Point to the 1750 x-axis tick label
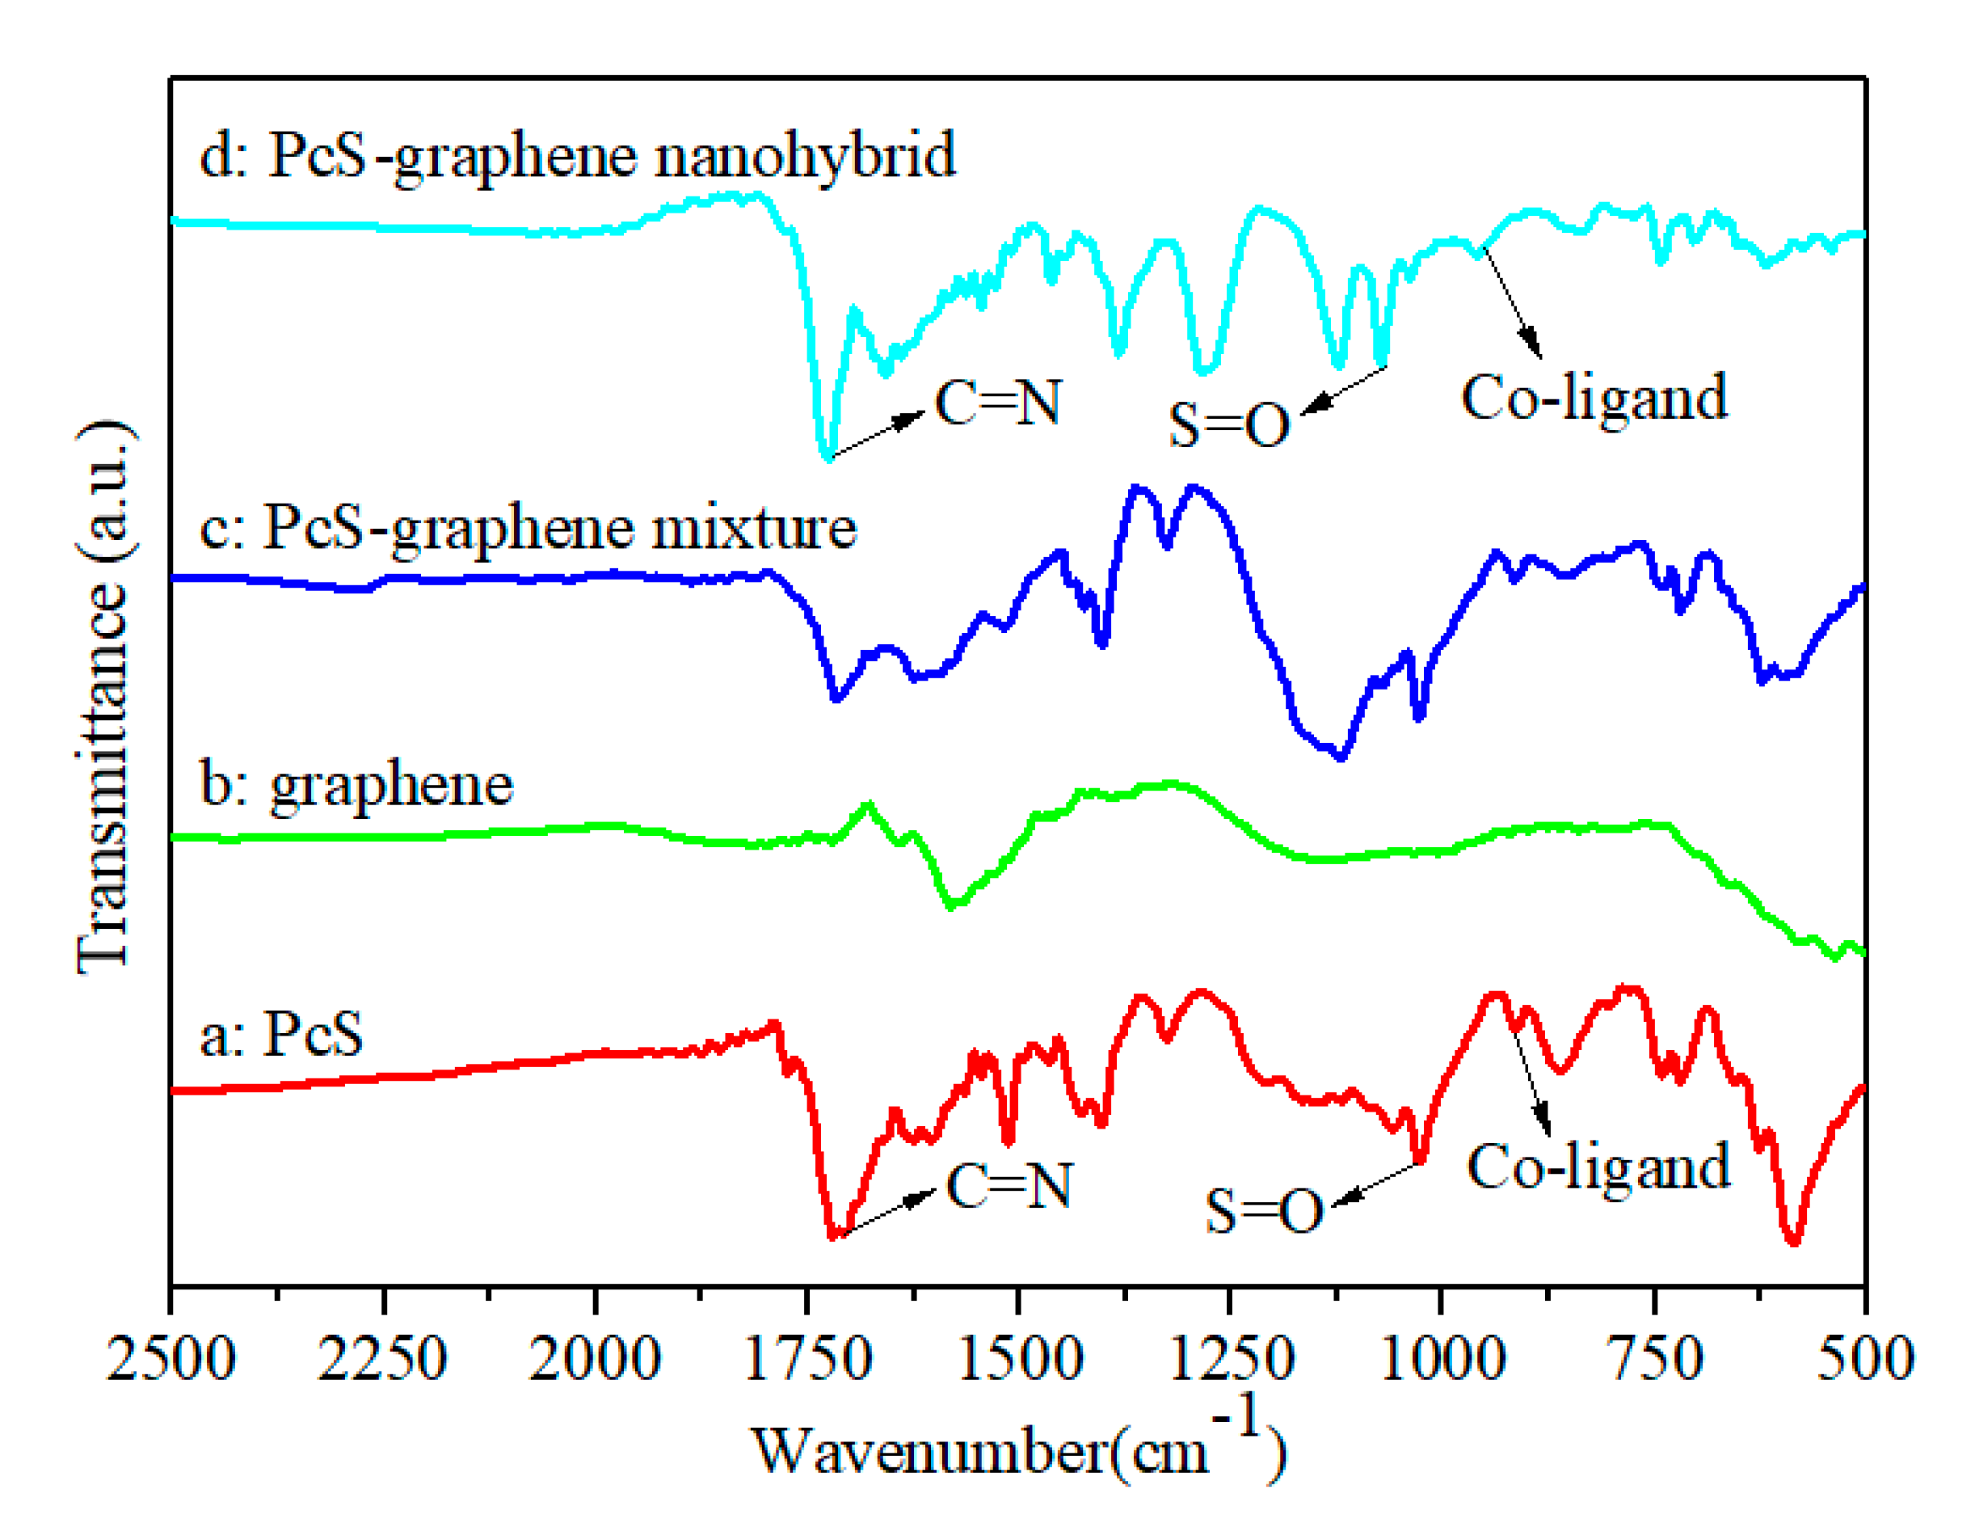click(806, 1359)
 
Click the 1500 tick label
click(1019, 1359)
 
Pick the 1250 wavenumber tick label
click(1230, 1359)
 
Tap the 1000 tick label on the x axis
click(1442, 1359)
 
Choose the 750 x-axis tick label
click(1656, 1359)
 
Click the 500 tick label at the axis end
click(1865, 1359)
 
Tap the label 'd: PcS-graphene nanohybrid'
click(576, 155)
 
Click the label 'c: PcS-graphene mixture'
click(527, 527)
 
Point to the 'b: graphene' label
click(356, 783)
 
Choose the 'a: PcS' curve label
click(280, 1032)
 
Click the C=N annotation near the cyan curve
click(997, 403)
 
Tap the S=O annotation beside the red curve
click(1263, 1212)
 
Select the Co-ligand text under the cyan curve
click(1593, 398)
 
